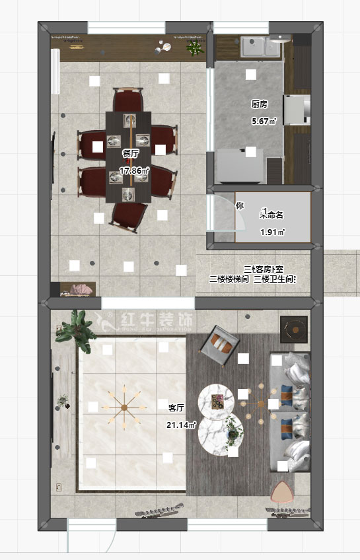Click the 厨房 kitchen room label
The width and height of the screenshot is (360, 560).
coord(259,105)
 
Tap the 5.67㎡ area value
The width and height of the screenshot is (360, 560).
coord(264,122)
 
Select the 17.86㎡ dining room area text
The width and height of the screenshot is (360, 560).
coord(134,170)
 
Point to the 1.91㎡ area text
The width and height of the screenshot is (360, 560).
coord(272,232)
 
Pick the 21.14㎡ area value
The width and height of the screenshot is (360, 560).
coord(181,425)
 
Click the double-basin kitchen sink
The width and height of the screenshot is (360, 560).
coord(262,47)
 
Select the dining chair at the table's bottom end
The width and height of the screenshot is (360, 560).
coord(128,217)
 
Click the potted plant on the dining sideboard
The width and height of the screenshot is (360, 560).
coord(195,47)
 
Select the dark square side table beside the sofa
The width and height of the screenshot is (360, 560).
coord(295,328)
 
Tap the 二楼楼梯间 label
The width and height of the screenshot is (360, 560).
coord(229,279)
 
